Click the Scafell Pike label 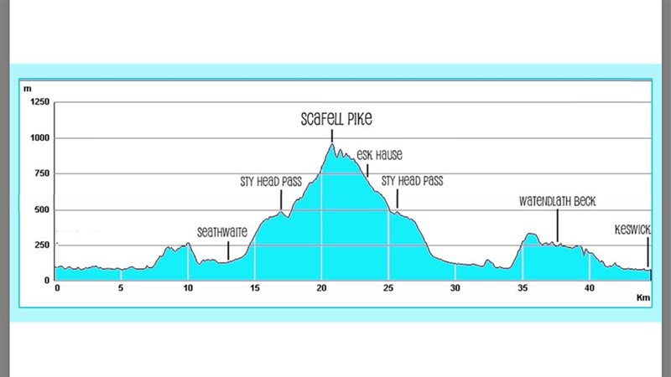336,119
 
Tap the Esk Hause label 380,155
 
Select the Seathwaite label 222,232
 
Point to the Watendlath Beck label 557,201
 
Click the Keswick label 632,230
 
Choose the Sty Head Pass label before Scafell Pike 271,182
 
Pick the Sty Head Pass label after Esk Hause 412,181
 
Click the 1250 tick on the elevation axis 39,102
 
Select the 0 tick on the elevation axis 47,281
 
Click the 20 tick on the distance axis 321,288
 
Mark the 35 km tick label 523,288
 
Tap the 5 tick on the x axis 121,288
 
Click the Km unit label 643,297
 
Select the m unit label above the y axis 28,89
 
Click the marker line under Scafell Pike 332,137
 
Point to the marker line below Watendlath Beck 557,226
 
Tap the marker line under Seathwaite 228,250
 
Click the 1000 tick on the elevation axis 39,138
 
